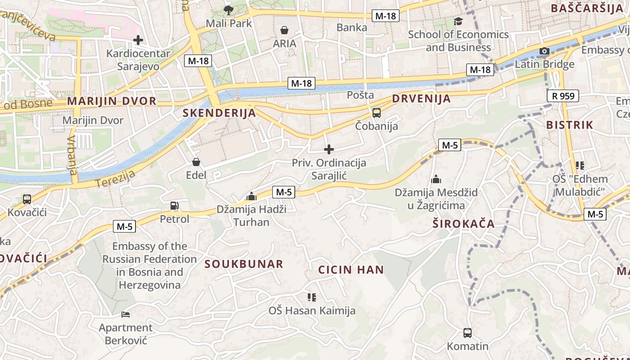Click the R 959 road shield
click(562, 96)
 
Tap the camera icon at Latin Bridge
click(544, 51)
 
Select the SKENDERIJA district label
click(220, 113)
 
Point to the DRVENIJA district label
click(421, 99)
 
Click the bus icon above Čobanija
click(377, 113)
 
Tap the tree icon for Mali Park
click(229, 10)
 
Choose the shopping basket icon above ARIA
click(284, 30)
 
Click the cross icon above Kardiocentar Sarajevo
click(138, 40)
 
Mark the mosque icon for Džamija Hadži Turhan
click(252, 196)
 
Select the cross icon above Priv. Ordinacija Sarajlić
click(329, 149)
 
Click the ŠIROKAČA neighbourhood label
click(463, 224)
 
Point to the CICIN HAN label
click(351, 270)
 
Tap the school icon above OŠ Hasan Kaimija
click(311, 297)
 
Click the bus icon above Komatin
click(468, 333)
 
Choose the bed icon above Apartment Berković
click(126, 314)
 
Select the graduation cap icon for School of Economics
click(458, 21)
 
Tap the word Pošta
click(360, 95)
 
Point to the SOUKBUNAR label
click(244, 264)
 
